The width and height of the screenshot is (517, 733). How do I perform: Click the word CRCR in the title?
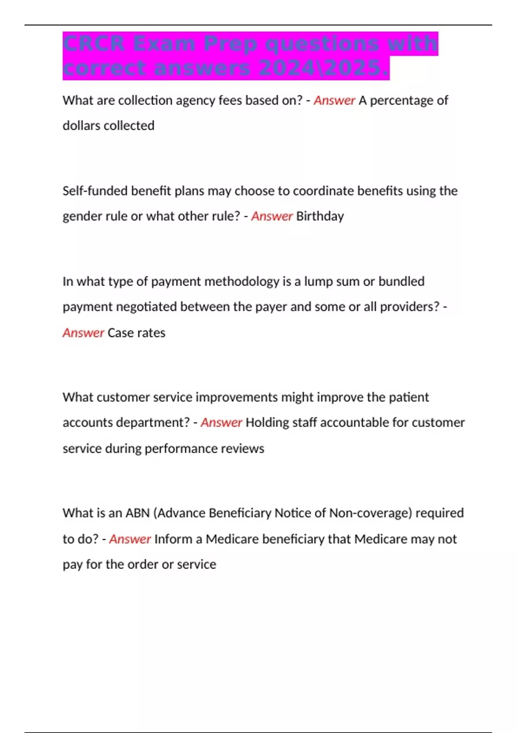pos(93,44)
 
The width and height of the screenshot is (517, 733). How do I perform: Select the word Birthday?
pos(320,216)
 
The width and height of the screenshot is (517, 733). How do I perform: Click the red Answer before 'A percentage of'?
pos(334,100)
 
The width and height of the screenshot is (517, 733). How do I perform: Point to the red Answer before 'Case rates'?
pos(83,333)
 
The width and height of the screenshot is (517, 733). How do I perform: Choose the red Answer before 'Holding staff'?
pos(221,423)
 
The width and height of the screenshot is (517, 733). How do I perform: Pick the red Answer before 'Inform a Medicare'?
pos(130,539)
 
